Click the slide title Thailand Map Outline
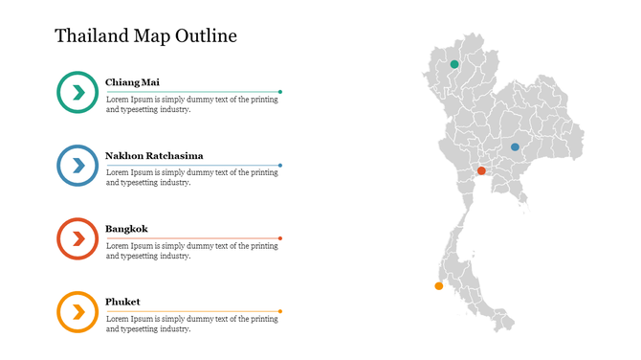point(145,36)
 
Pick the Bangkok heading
point(126,229)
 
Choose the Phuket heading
point(122,302)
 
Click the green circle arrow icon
point(77,92)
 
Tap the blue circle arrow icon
point(77,165)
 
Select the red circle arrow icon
point(77,238)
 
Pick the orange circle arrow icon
point(77,311)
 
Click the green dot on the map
point(454,64)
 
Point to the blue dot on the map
point(515,146)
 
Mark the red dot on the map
point(481,170)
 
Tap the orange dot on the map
point(439,285)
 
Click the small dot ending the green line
point(280,92)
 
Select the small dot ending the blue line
point(280,165)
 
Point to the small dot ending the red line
point(280,238)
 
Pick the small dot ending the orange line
point(280,311)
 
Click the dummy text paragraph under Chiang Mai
point(191,104)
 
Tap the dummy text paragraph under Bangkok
point(191,251)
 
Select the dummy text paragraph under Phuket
point(191,324)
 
